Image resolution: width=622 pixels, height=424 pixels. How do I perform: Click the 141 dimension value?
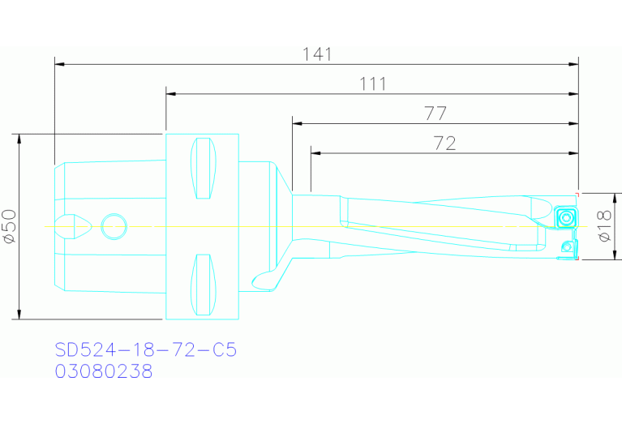[317, 54]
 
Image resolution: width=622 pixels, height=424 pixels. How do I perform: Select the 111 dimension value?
[372, 84]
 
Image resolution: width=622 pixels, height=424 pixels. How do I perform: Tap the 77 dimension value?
[435, 113]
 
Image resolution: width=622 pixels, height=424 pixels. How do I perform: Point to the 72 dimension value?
[444, 143]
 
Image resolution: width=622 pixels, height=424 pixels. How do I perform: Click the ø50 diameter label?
[11, 226]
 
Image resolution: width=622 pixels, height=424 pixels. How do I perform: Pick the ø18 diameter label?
[604, 226]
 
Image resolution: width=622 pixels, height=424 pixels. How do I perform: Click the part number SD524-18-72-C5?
[145, 350]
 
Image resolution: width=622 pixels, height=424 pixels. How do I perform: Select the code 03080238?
[103, 371]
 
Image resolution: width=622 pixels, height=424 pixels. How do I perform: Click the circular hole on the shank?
[114, 226]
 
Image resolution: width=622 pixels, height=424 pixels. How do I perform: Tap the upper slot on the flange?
[204, 169]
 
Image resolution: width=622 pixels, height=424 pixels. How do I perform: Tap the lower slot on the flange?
[204, 285]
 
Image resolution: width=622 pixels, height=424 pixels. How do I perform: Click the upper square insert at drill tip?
[565, 218]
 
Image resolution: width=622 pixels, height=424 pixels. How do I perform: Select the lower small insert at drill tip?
[567, 246]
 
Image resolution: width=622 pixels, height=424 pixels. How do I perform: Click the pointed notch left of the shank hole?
[74, 225]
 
